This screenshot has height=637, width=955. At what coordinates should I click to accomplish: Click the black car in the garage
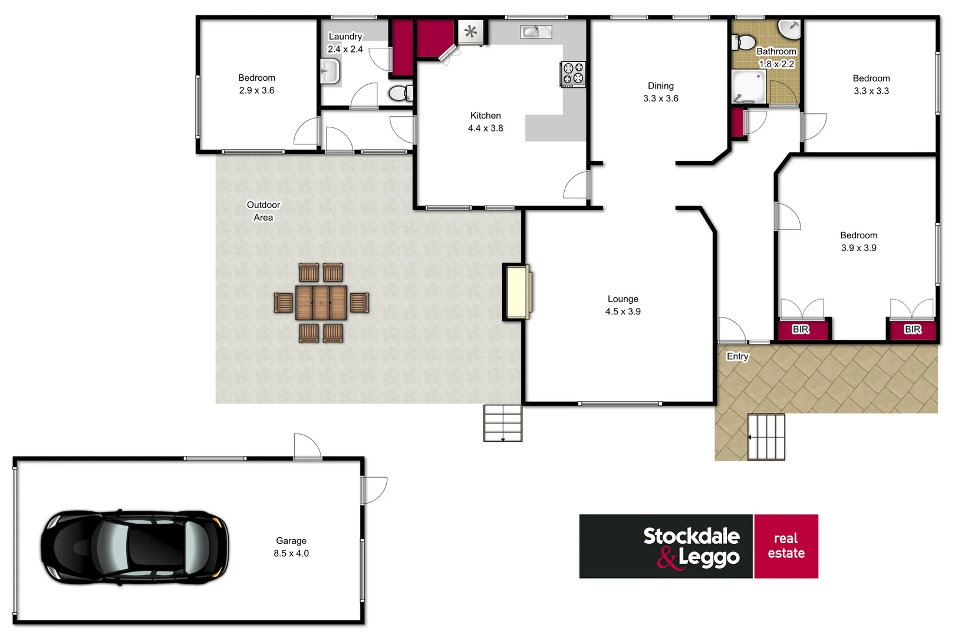[134, 547]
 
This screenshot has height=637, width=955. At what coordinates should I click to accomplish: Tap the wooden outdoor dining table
[321, 303]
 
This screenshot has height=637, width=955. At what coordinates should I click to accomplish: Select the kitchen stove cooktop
[572, 74]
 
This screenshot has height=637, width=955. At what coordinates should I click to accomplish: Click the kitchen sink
[535, 31]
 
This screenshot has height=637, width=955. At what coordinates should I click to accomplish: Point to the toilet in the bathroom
[745, 42]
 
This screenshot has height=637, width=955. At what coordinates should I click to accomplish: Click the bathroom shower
[749, 87]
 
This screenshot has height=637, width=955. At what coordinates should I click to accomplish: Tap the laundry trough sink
[330, 72]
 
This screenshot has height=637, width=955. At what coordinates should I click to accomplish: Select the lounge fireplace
[517, 292]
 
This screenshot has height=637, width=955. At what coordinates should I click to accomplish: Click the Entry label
[737, 356]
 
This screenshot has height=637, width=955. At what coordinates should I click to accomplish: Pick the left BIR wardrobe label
[800, 329]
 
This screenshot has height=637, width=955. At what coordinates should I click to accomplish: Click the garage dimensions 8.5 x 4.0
[291, 553]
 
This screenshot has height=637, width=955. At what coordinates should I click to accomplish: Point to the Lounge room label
[623, 299]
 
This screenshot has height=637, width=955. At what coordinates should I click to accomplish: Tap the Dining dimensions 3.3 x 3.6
[660, 98]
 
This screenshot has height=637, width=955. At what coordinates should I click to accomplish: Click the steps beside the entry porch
[766, 437]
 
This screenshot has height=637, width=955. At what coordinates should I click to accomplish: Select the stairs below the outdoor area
[503, 423]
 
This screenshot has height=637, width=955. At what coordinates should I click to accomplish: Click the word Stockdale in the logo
[691, 536]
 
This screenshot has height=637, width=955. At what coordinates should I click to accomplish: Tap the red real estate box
[786, 546]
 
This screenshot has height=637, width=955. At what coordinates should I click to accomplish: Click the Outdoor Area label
[263, 211]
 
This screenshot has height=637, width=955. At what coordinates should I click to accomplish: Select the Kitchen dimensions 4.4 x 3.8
[485, 128]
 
